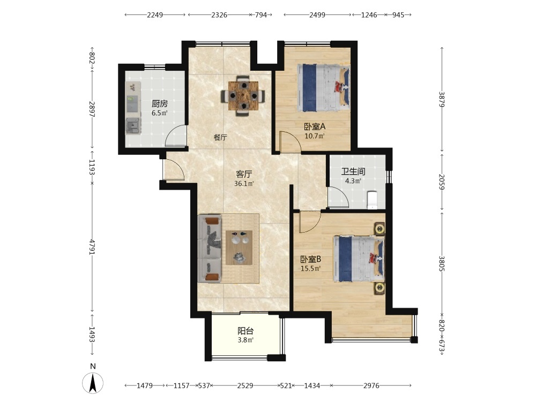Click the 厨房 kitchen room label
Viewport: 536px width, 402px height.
coord(160,103)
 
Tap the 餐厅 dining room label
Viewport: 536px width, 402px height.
coord(220,137)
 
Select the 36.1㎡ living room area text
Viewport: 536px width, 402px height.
coord(244,183)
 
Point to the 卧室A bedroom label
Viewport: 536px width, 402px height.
coord(315,126)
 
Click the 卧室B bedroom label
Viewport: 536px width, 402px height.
coord(311,259)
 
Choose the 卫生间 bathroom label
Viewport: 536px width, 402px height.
coord(353,172)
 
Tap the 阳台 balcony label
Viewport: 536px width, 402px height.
coord(245,331)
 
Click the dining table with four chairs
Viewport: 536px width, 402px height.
coord(243,96)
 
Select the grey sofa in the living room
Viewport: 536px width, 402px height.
coord(210,249)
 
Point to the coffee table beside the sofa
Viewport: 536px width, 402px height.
coord(239,248)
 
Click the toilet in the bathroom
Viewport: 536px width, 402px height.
coord(371,200)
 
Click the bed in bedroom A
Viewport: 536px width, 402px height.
coord(324,88)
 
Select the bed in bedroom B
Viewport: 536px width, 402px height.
coord(359,259)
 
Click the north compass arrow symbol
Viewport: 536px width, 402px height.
coord(93,383)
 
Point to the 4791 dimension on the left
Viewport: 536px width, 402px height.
coord(92,247)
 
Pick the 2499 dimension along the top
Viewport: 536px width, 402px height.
coord(317,14)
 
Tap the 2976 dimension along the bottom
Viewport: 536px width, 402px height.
coord(371,385)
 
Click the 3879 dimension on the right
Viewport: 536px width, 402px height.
coord(442,99)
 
